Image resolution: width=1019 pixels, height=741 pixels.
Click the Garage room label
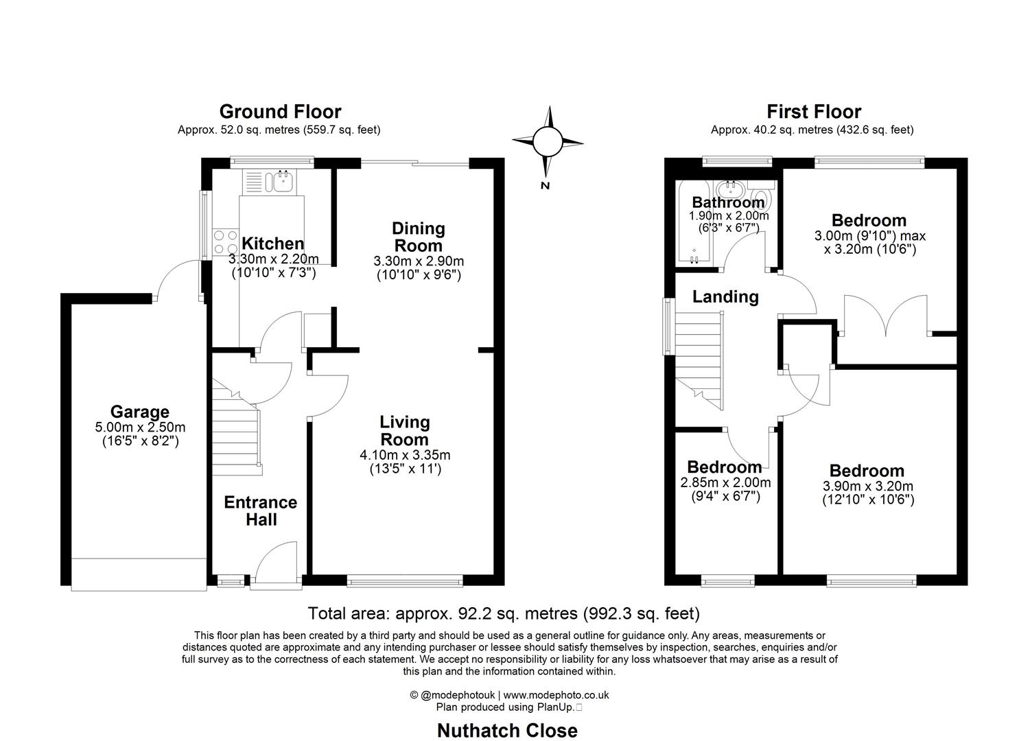coord(140,412)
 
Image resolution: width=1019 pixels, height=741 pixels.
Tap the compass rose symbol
coord(547,143)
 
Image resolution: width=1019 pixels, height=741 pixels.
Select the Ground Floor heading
coord(280,111)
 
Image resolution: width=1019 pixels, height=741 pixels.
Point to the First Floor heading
coord(814,111)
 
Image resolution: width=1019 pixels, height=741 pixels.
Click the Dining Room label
coord(418,237)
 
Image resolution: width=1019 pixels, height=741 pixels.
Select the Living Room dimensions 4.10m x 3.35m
coord(405,455)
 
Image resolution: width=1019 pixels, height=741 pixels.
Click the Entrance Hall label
coord(260,510)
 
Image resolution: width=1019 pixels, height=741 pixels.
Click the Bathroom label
coord(728,202)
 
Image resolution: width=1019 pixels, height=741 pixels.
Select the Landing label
coord(725,296)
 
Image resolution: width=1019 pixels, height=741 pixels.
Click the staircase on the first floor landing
coord(699,357)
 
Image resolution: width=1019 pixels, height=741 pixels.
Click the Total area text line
coord(504,613)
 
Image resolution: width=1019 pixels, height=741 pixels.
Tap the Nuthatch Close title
coord(507,731)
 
